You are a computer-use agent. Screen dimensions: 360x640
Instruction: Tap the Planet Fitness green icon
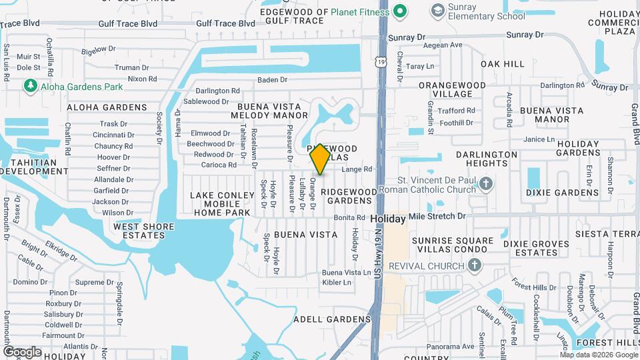(x=399, y=11)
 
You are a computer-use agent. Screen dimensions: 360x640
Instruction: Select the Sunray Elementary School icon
(x=437, y=11)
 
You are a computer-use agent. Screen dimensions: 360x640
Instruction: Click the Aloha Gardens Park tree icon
(x=29, y=86)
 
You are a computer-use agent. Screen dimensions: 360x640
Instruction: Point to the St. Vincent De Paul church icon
(x=486, y=184)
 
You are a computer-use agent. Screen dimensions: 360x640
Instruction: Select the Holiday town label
(x=387, y=218)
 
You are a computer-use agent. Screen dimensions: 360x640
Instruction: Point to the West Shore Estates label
(x=143, y=231)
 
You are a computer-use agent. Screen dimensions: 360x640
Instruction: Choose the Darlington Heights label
(x=487, y=159)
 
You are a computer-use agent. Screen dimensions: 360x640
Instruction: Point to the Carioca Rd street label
(x=219, y=165)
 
